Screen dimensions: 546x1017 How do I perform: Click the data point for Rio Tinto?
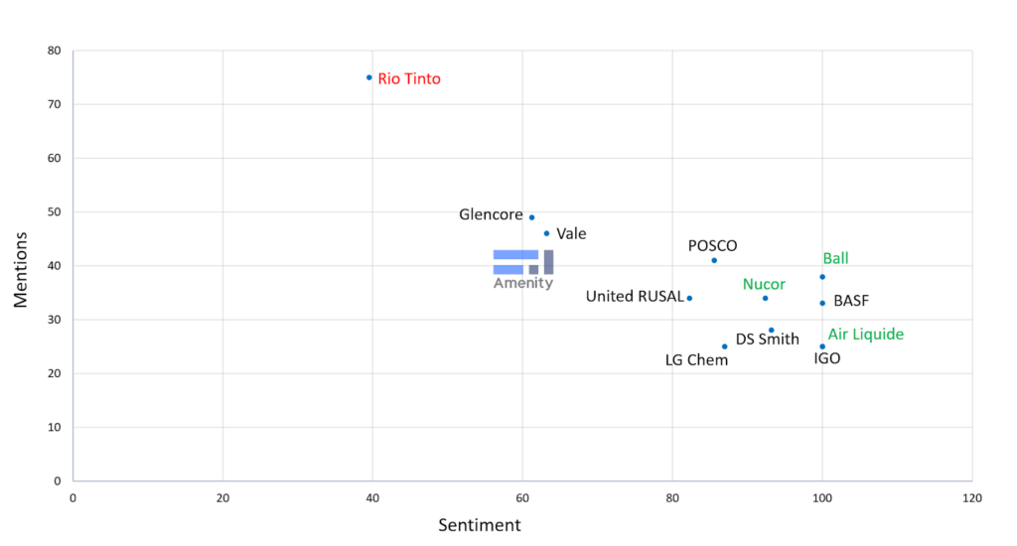[x=369, y=77]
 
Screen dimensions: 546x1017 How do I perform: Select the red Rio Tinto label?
[x=409, y=79]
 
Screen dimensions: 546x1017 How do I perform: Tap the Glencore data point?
[x=531, y=217]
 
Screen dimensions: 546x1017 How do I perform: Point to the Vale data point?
[x=546, y=233]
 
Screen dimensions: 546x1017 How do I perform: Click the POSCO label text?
[x=713, y=246]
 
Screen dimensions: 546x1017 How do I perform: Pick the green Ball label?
[x=835, y=259]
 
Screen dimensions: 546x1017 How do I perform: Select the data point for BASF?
[x=822, y=303]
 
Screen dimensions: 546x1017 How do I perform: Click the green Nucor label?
[x=764, y=284]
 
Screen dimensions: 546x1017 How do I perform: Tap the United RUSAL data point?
[x=689, y=298]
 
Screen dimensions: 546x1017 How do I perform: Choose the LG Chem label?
[x=696, y=360]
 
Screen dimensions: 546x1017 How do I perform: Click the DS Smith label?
[x=767, y=340]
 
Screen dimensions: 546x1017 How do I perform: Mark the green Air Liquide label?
[x=866, y=335]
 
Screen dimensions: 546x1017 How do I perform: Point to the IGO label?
[x=826, y=358]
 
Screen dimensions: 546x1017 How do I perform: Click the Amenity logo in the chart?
[x=523, y=269]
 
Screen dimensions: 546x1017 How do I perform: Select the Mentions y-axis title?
[x=21, y=269]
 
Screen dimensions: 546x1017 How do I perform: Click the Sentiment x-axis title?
[x=480, y=525]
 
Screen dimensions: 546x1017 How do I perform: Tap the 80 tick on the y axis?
[x=54, y=51]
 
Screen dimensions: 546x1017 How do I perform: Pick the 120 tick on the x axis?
[x=971, y=497]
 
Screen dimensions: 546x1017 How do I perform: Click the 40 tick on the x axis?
[x=372, y=497]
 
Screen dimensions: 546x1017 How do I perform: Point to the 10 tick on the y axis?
[x=54, y=428]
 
